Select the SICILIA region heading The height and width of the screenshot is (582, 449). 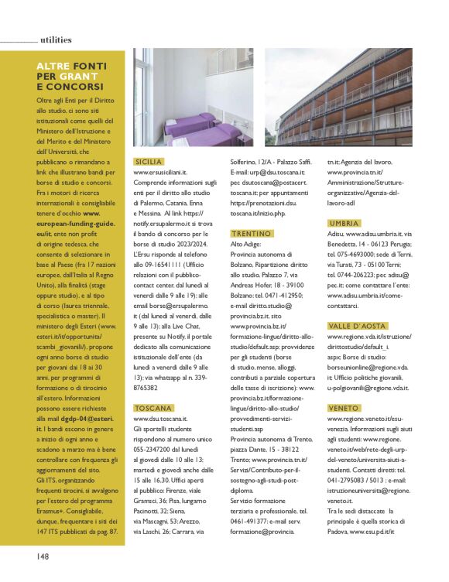tap(148, 162)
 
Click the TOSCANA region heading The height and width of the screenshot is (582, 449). tap(153, 408)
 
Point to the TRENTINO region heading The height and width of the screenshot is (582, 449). tap(251, 234)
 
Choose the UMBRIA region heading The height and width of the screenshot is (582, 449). tap(344, 223)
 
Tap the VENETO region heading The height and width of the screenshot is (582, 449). tap(343, 407)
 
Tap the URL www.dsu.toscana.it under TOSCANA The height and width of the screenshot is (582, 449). tap(161, 418)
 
